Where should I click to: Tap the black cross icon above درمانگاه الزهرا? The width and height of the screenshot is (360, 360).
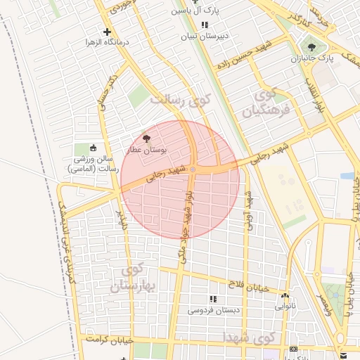coord(107,32)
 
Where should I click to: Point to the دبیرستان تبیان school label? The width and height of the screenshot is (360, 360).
coord(205,37)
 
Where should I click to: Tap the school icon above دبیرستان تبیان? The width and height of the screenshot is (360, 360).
coord(205,25)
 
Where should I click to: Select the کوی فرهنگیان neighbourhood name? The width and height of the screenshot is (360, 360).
coord(260,102)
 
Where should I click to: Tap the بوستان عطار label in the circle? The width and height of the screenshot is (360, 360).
coord(146,150)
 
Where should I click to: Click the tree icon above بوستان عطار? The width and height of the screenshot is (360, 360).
coord(146,139)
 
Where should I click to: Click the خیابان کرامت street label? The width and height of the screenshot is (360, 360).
coord(105,340)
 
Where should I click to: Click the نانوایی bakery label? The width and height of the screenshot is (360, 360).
coord(285,306)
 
